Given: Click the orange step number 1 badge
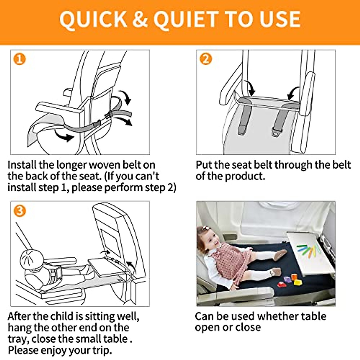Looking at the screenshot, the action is click(19, 59).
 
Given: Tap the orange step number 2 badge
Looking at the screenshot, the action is click(206, 59).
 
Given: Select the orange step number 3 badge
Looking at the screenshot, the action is click(19, 211).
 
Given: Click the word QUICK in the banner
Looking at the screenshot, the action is click(93, 19).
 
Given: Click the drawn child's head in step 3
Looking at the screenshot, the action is click(32, 258).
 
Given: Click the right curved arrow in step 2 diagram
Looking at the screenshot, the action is click(293, 93).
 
